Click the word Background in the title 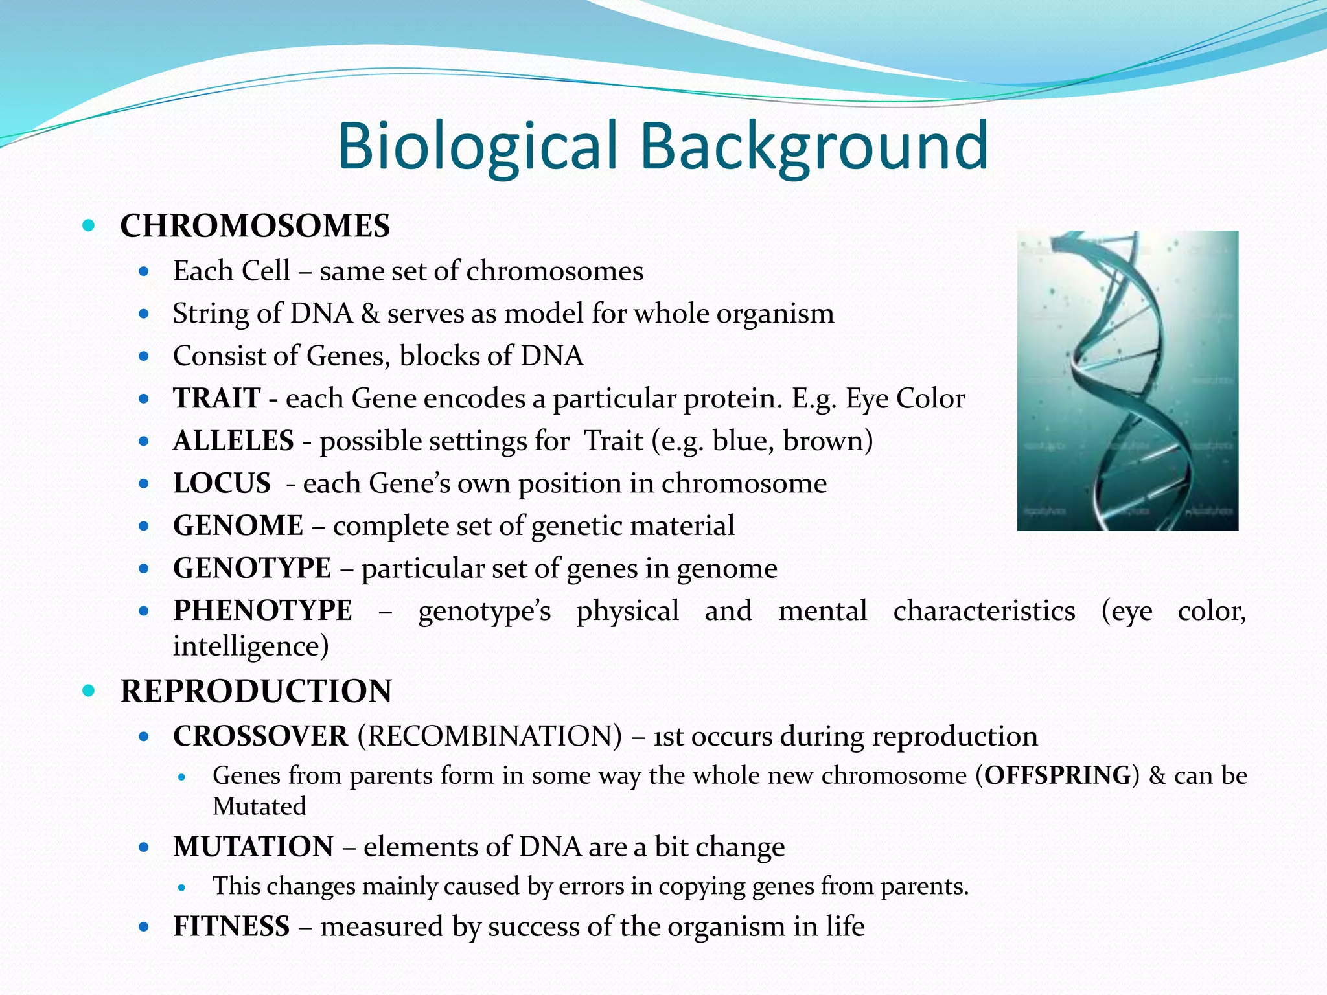(814, 146)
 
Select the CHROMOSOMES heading (255, 226)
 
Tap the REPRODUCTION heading (256, 691)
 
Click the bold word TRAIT (216, 398)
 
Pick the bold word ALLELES (233, 440)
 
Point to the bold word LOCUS (222, 483)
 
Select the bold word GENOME (238, 525)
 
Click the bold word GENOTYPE (252, 568)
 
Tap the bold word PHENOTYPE (262, 610)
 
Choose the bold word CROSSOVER (260, 736)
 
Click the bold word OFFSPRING (1057, 775)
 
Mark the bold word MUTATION (253, 847)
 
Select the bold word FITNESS (231, 926)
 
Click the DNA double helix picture (1127, 380)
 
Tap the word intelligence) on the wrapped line (251, 646)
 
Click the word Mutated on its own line (259, 806)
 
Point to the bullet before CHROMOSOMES (89, 226)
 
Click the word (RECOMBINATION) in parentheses (489, 736)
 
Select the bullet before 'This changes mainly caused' (182, 887)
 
